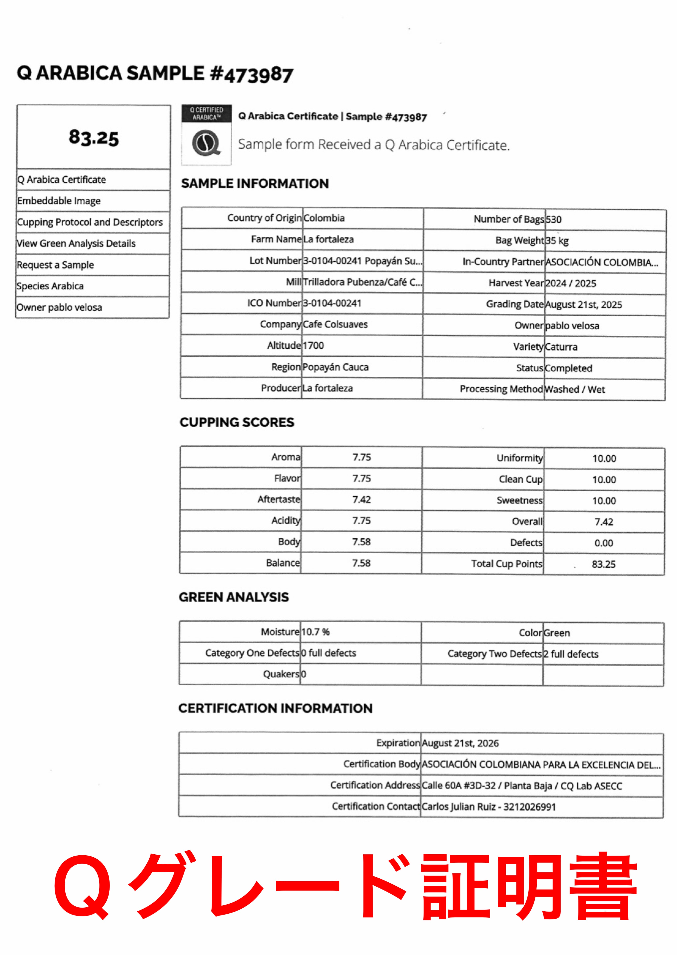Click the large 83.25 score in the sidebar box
[x=94, y=137]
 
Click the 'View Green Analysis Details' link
[x=76, y=243]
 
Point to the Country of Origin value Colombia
[x=324, y=218]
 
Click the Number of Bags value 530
[x=554, y=220]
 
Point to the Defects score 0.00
[x=604, y=543]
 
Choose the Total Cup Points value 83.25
[x=604, y=564]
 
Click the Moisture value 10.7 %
[x=315, y=632]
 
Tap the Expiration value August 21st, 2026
[x=460, y=743]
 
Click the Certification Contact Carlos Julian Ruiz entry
[x=489, y=807]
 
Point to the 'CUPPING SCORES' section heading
[x=237, y=422]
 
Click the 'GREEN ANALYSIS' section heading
[x=234, y=597]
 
